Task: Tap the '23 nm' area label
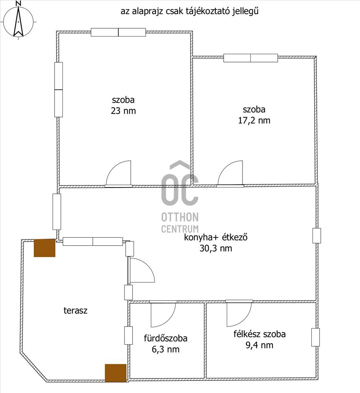pyautogui.click(x=123, y=111)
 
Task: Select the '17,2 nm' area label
pyautogui.click(x=254, y=120)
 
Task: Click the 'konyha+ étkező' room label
pyautogui.click(x=216, y=237)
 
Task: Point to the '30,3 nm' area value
pyautogui.click(x=216, y=248)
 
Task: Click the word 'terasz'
pyautogui.click(x=75, y=310)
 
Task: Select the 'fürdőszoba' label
pyautogui.click(x=165, y=338)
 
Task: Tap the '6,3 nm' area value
pyautogui.click(x=165, y=349)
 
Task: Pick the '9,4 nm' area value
pyautogui.click(x=259, y=345)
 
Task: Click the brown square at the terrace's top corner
pyautogui.click(x=44, y=248)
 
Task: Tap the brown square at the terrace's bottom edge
pyautogui.click(x=115, y=373)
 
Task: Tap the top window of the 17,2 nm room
pyautogui.click(x=251, y=58)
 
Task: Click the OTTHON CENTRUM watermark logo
pyautogui.click(x=180, y=197)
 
